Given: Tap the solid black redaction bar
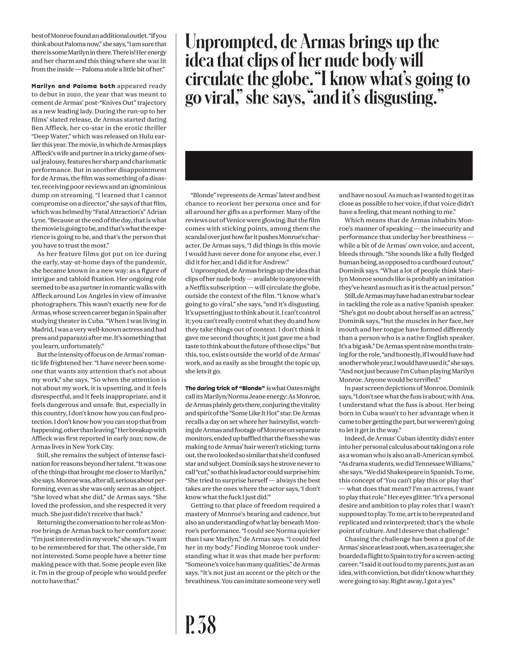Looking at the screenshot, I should click(328, 165).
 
